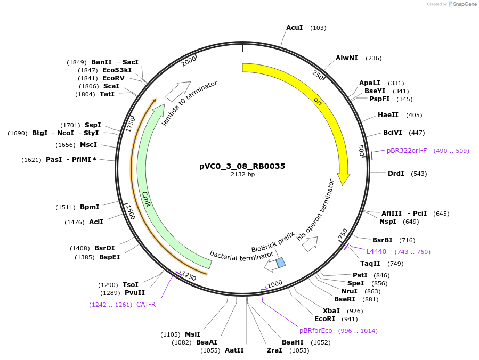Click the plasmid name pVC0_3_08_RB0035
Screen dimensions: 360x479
(242, 166)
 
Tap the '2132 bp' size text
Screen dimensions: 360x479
(242, 174)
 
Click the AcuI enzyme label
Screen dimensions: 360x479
(294, 27)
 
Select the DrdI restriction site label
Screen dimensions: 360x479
(396, 174)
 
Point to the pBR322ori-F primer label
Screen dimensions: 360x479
(407, 151)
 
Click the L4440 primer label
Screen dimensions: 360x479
(376, 251)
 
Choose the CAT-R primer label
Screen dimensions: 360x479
(146, 304)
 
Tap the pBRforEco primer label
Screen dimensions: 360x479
(316, 330)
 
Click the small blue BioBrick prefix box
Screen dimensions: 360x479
(280, 262)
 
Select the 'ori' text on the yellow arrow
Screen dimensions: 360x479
(318, 101)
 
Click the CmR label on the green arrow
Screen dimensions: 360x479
(146, 199)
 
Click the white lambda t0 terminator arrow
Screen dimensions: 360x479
(178, 92)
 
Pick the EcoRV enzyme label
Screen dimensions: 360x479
(113, 78)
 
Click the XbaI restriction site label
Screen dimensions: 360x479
(331, 310)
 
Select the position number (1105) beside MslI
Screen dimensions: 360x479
(171, 334)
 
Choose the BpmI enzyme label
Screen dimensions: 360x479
(90, 207)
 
